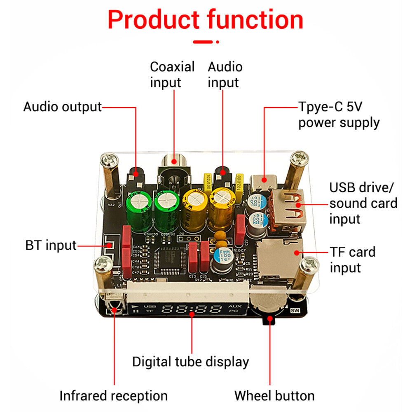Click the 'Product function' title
coord(206,20)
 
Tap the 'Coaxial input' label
coord(172,75)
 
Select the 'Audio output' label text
coord(62,107)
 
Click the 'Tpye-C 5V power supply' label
coord(339,115)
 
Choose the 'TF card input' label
coord(352,260)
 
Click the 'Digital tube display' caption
coord(190,362)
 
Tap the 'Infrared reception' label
coord(114,396)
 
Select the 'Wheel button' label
coord(274,396)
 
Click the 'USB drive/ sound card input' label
coord(363,203)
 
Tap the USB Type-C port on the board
coord(264,180)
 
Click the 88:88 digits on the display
coord(193,310)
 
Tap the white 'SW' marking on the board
coord(295,311)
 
